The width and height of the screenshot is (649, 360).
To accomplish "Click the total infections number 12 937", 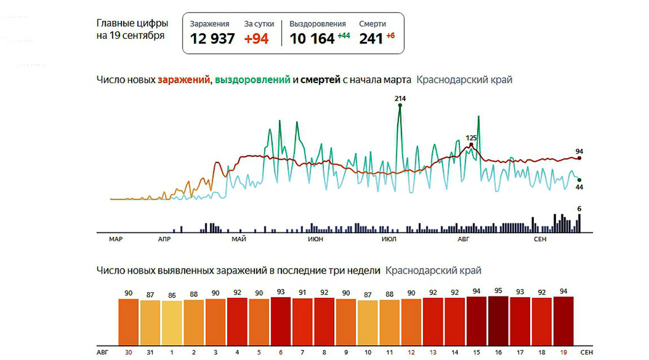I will (212, 39).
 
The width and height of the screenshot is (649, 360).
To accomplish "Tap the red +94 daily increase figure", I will (256, 39).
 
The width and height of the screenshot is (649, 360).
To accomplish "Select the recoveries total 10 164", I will (312, 39).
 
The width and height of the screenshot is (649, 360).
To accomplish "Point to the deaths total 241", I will (371, 39).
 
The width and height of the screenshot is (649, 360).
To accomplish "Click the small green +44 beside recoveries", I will (344, 36).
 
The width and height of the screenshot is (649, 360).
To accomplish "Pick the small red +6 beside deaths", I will (391, 36).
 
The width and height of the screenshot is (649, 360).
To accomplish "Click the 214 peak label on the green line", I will (400, 99).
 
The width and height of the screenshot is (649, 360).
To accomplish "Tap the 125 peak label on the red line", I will (471, 138).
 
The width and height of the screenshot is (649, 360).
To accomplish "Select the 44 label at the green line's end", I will (578, 187).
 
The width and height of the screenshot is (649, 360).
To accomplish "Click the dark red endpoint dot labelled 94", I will (579, 158).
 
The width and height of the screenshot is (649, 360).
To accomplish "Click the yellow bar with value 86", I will (172, 323).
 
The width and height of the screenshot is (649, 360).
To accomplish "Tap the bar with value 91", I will (302, 322).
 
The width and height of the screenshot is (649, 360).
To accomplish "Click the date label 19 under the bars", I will (563, 352).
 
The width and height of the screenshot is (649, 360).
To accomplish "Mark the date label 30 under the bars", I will (128, 352).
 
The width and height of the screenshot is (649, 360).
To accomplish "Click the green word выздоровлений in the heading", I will (252, 80).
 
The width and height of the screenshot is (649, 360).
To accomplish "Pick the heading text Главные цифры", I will (132, 24).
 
